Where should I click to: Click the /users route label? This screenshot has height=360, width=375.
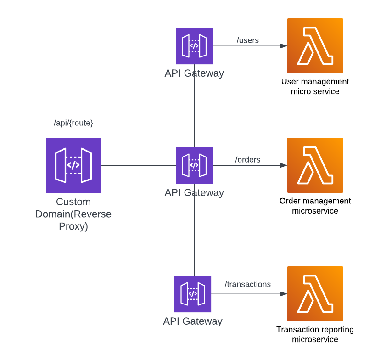pyautogui.click(x=247, y=40)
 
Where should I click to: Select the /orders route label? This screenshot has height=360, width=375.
pyautogui.click(x=247, y=160)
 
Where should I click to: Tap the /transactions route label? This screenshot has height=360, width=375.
pyautogui.click(x=247, y=284)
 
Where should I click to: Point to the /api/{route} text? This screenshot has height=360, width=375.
pyautogui.click(x=73, y=123)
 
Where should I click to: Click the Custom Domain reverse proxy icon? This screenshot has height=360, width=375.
pyautogui.click(x=73, y=165)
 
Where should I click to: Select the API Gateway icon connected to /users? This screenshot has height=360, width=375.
pyautogui.click(x=194, y=46)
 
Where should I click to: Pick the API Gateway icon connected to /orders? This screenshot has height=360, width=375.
pyautogui.click(x=194, y=165)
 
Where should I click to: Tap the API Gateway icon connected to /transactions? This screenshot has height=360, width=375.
pyautogui.click(x=193, y=294)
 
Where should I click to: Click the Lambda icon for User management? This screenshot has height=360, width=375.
pyautogui.click(x=315, y=46)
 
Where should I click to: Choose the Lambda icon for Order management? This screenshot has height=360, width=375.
pyautogui.click(x=315, y=165)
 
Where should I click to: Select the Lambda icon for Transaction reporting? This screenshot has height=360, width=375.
pyautogui.click(x=315, y=294)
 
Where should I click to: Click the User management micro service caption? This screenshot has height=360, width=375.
pyautogui.click(x=315, y=86)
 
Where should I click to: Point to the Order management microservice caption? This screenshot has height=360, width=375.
pyautogui.click(x=315, y=206)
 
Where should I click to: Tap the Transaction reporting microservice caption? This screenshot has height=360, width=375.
pyautogui.click(x=315, y=335)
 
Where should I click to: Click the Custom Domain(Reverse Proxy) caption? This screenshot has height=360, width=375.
pyautogui.click(x=73, y=214)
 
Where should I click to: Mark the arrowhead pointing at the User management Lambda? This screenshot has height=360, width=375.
pyautogui.click(x=284, y=46)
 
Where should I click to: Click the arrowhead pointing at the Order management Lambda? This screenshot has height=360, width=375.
pyautogui.click(x=284, y=165)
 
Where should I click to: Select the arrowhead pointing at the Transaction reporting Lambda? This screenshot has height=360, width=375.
pyautogui.click(x=284, y=294)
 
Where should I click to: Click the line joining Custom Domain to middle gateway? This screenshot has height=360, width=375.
pyautogui.click(x=138, y=165)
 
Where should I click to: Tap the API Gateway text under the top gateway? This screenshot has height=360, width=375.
pyautogui.click(x=194, y=73)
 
